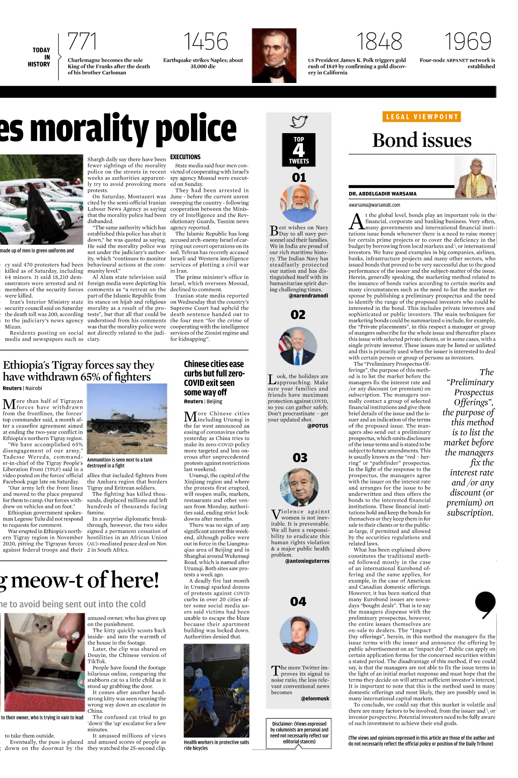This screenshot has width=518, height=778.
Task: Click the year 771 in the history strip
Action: [x=82, y=42]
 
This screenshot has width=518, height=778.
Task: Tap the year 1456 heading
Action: [x=206, y=42]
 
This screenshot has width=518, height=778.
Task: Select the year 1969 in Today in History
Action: [x=468, y=42]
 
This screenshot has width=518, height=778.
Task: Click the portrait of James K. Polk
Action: [x=274, y=56]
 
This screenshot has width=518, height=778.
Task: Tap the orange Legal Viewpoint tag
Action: [x=422, y=117]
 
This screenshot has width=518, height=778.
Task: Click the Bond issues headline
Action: [x=422, y=140]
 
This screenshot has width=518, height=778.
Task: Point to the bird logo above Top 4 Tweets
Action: [x=299, y=122]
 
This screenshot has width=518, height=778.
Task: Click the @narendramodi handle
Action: [x=308, y=296]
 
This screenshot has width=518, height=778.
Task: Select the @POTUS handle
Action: [x=318, y=426]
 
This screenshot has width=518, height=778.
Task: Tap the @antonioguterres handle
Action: [x=307, y=561]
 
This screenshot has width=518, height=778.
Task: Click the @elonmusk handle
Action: [x=315, y=698]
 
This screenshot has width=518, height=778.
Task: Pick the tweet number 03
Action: [x=300, y=458]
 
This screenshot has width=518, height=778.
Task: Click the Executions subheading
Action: [x=185, y=157]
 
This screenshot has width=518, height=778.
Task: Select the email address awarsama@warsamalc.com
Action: [x=374, y=205]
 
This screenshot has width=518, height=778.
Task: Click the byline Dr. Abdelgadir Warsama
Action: [x=382, y=194]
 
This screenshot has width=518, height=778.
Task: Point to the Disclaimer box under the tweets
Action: [x=299, y=733]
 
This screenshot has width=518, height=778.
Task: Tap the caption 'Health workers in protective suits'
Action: [x=216, y=742]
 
